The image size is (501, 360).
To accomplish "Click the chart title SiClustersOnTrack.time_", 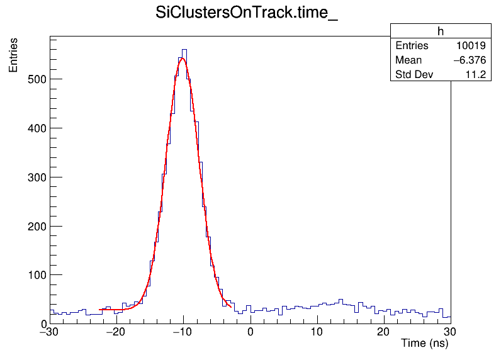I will pos(247,14).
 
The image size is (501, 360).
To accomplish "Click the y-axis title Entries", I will pos(13,55).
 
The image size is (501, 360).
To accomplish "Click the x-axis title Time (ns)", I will pos(425,344).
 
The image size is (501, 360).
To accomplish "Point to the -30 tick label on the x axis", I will pos(50,332).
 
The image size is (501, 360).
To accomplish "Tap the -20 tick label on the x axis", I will pos(116,332).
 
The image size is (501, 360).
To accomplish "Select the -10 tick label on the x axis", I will pos(183,332).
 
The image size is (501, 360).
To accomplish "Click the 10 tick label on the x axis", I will pos(317,332).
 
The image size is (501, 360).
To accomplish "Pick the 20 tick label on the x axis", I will pos(384,332).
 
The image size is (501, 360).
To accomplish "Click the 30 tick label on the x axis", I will pos(451,332).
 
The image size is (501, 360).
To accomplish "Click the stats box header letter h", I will pos(441,31).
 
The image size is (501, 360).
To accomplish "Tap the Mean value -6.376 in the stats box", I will pos(469,60).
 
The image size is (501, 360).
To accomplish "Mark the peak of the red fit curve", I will pos(183,59).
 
